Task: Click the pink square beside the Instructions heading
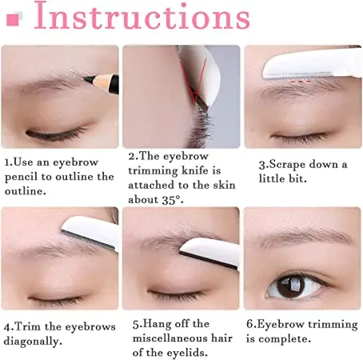tap(13, 20)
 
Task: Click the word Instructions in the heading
tap(142, 15)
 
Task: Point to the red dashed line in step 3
tap(301, 81)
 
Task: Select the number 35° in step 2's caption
tap(169, 200)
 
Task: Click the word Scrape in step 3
tap(286, 164)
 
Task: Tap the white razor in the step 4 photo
tap(90, 233)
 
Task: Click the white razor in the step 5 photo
tap(209, 252)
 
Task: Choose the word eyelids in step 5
tap(189, 353)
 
